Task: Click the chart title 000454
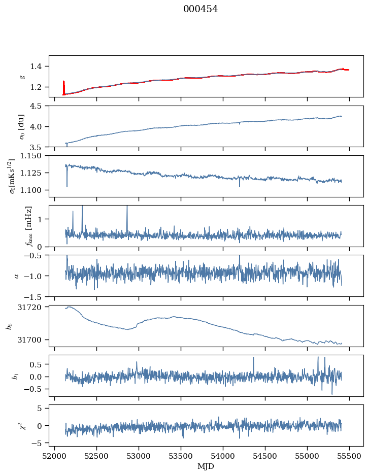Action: [x=200, y=9]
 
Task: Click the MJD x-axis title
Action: [x=206, y=466]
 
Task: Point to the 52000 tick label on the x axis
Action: [x=54, y=456]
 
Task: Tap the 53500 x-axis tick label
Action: [x=181, y=456]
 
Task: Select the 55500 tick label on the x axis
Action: [x=349, y=456]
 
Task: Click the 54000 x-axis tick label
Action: [x=223, y=456]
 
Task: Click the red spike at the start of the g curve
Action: [x=63, y=88]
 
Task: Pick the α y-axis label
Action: [x=16, y=276]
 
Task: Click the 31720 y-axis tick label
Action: [x=29, y=307]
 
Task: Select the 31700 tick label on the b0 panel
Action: [x=29, y=340]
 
